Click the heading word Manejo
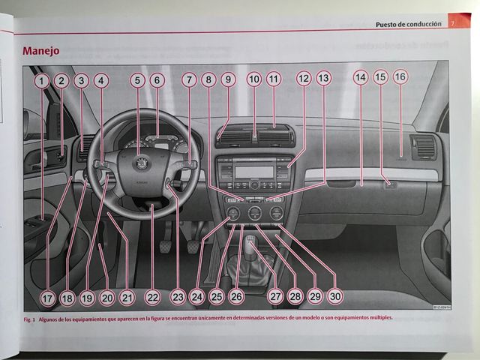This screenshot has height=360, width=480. (x=41, y=51)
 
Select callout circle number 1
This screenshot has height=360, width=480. (x=42, y=79)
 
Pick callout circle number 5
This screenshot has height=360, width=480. (x=137, y=79)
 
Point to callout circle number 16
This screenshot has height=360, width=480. (x=400, y=77)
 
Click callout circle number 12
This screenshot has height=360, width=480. (x=303, y=78)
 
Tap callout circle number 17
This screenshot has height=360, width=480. (x=48, y=298)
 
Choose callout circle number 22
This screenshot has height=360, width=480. (x=153, y=298)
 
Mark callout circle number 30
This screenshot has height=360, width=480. (x=334, y=297)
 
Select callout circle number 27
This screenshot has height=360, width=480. (x=275, y=297)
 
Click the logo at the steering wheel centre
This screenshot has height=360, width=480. (x=140, y=163)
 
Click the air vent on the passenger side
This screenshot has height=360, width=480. (x=422, y=147)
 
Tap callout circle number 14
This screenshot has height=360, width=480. (x=360, y=78)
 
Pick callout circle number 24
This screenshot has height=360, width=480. (x=196, y=297)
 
